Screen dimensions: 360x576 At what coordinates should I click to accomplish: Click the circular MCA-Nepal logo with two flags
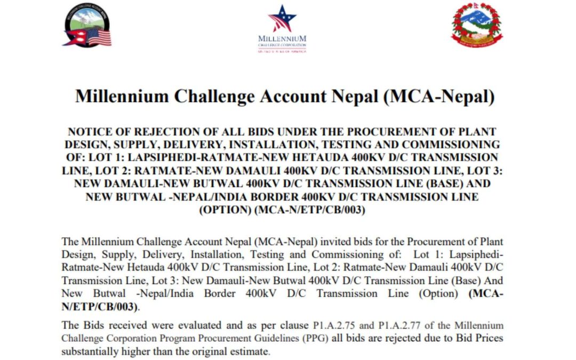(x=87, y=25)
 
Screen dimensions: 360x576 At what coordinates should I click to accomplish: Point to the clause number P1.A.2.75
(x=334, y=325)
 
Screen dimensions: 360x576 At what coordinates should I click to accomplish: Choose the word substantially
(x=90, y=351)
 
